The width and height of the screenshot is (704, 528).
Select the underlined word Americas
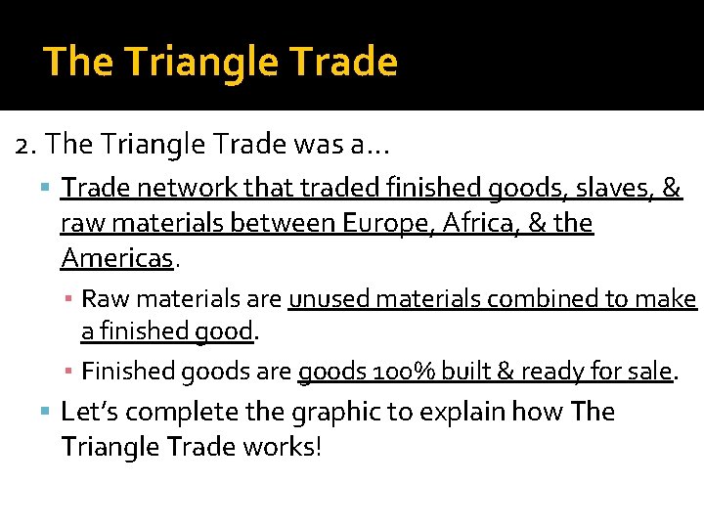pyautogui.click(x=116, y=258)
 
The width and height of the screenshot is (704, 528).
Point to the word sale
pyautogui.click(x=649, y=372)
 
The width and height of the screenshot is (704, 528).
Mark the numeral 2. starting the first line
pyautogui.click(x=26, y=145)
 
